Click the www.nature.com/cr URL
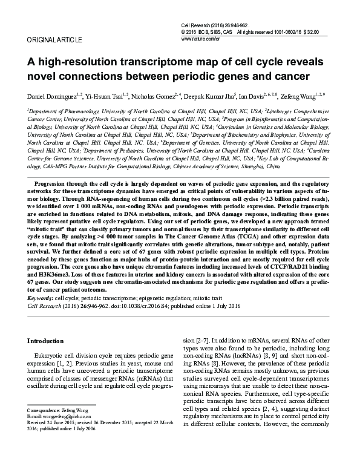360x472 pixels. (x=200, y=38)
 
